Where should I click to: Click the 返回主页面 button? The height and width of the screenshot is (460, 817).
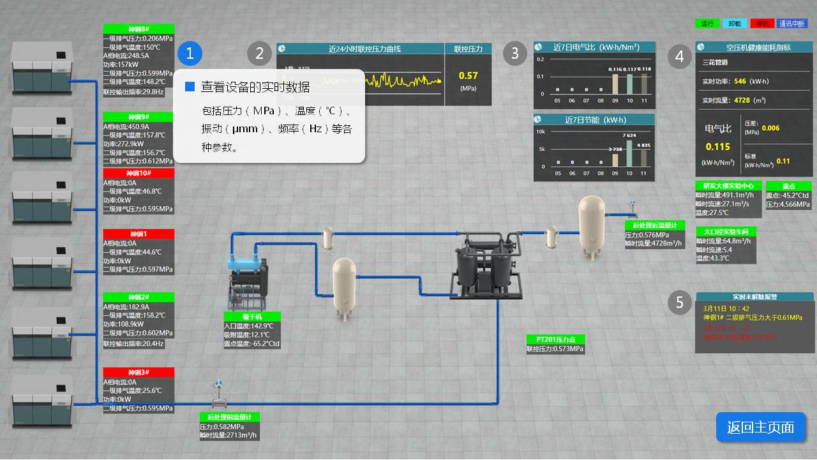tap(760, 427)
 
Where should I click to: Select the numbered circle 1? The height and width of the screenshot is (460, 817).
tap(190, 53)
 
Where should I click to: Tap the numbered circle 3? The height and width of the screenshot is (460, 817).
tap(515, 53)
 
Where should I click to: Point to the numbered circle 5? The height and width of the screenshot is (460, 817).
tap(680, 302)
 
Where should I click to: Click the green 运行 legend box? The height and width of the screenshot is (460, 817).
tap(707, 24)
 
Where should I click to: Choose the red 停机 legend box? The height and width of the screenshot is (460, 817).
tap(762, 24)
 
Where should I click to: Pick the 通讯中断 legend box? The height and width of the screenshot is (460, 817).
tap(791, 24)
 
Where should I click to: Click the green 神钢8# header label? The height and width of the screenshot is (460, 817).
tap(139, 29)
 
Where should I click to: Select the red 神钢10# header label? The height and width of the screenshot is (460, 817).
tap(139, 173)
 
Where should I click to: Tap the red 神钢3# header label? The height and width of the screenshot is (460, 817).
tap(139, 372)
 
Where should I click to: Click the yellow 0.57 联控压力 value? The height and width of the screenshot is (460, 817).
tap(468, 76)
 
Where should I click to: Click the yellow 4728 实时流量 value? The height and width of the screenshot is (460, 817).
tap(742, 100)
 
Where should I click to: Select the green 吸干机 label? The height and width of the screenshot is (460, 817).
tap(251, 317)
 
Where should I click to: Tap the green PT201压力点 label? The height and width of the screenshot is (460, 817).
tap(555, 339)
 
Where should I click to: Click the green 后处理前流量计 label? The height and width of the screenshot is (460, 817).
tap(229, 417)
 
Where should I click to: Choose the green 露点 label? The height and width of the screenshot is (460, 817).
tap(788, 186)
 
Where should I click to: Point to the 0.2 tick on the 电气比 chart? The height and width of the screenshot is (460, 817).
tap(540, 59)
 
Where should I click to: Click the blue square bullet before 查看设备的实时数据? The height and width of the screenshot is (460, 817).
tap(190, 87)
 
